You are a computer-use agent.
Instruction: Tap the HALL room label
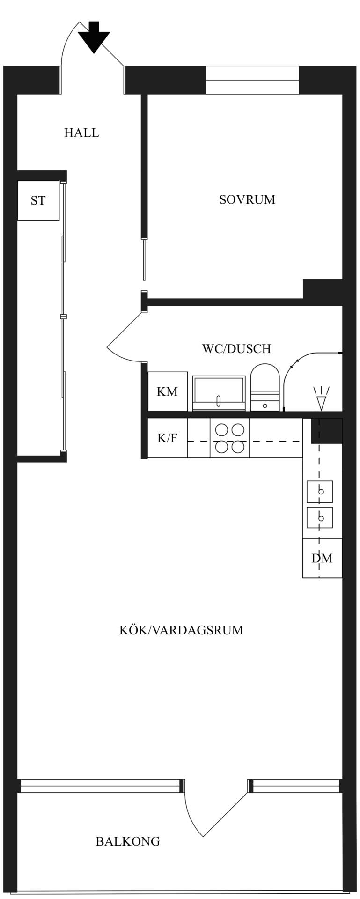click(x=81, y=133)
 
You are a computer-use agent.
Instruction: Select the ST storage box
click(x=38, y=200)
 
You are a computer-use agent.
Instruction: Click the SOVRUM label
click(x=247, y=199)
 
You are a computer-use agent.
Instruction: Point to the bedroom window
click(x=252, y=80)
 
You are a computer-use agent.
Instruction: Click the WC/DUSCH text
click(x=236, y=349)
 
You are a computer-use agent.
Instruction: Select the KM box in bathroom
click(x=168, y=391)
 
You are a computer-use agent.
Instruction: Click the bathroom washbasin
click(x=219, y=393)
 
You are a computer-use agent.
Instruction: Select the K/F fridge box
click(x=168, y=438)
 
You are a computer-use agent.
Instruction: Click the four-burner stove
click(x=229, y=438)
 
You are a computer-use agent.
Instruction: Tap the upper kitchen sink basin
click(x=320, y=492)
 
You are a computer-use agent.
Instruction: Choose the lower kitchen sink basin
click(x=320, y=518)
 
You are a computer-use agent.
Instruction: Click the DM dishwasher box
click(x=323, y=558)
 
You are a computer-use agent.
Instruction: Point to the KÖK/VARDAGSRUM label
click(x=181, y=630)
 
